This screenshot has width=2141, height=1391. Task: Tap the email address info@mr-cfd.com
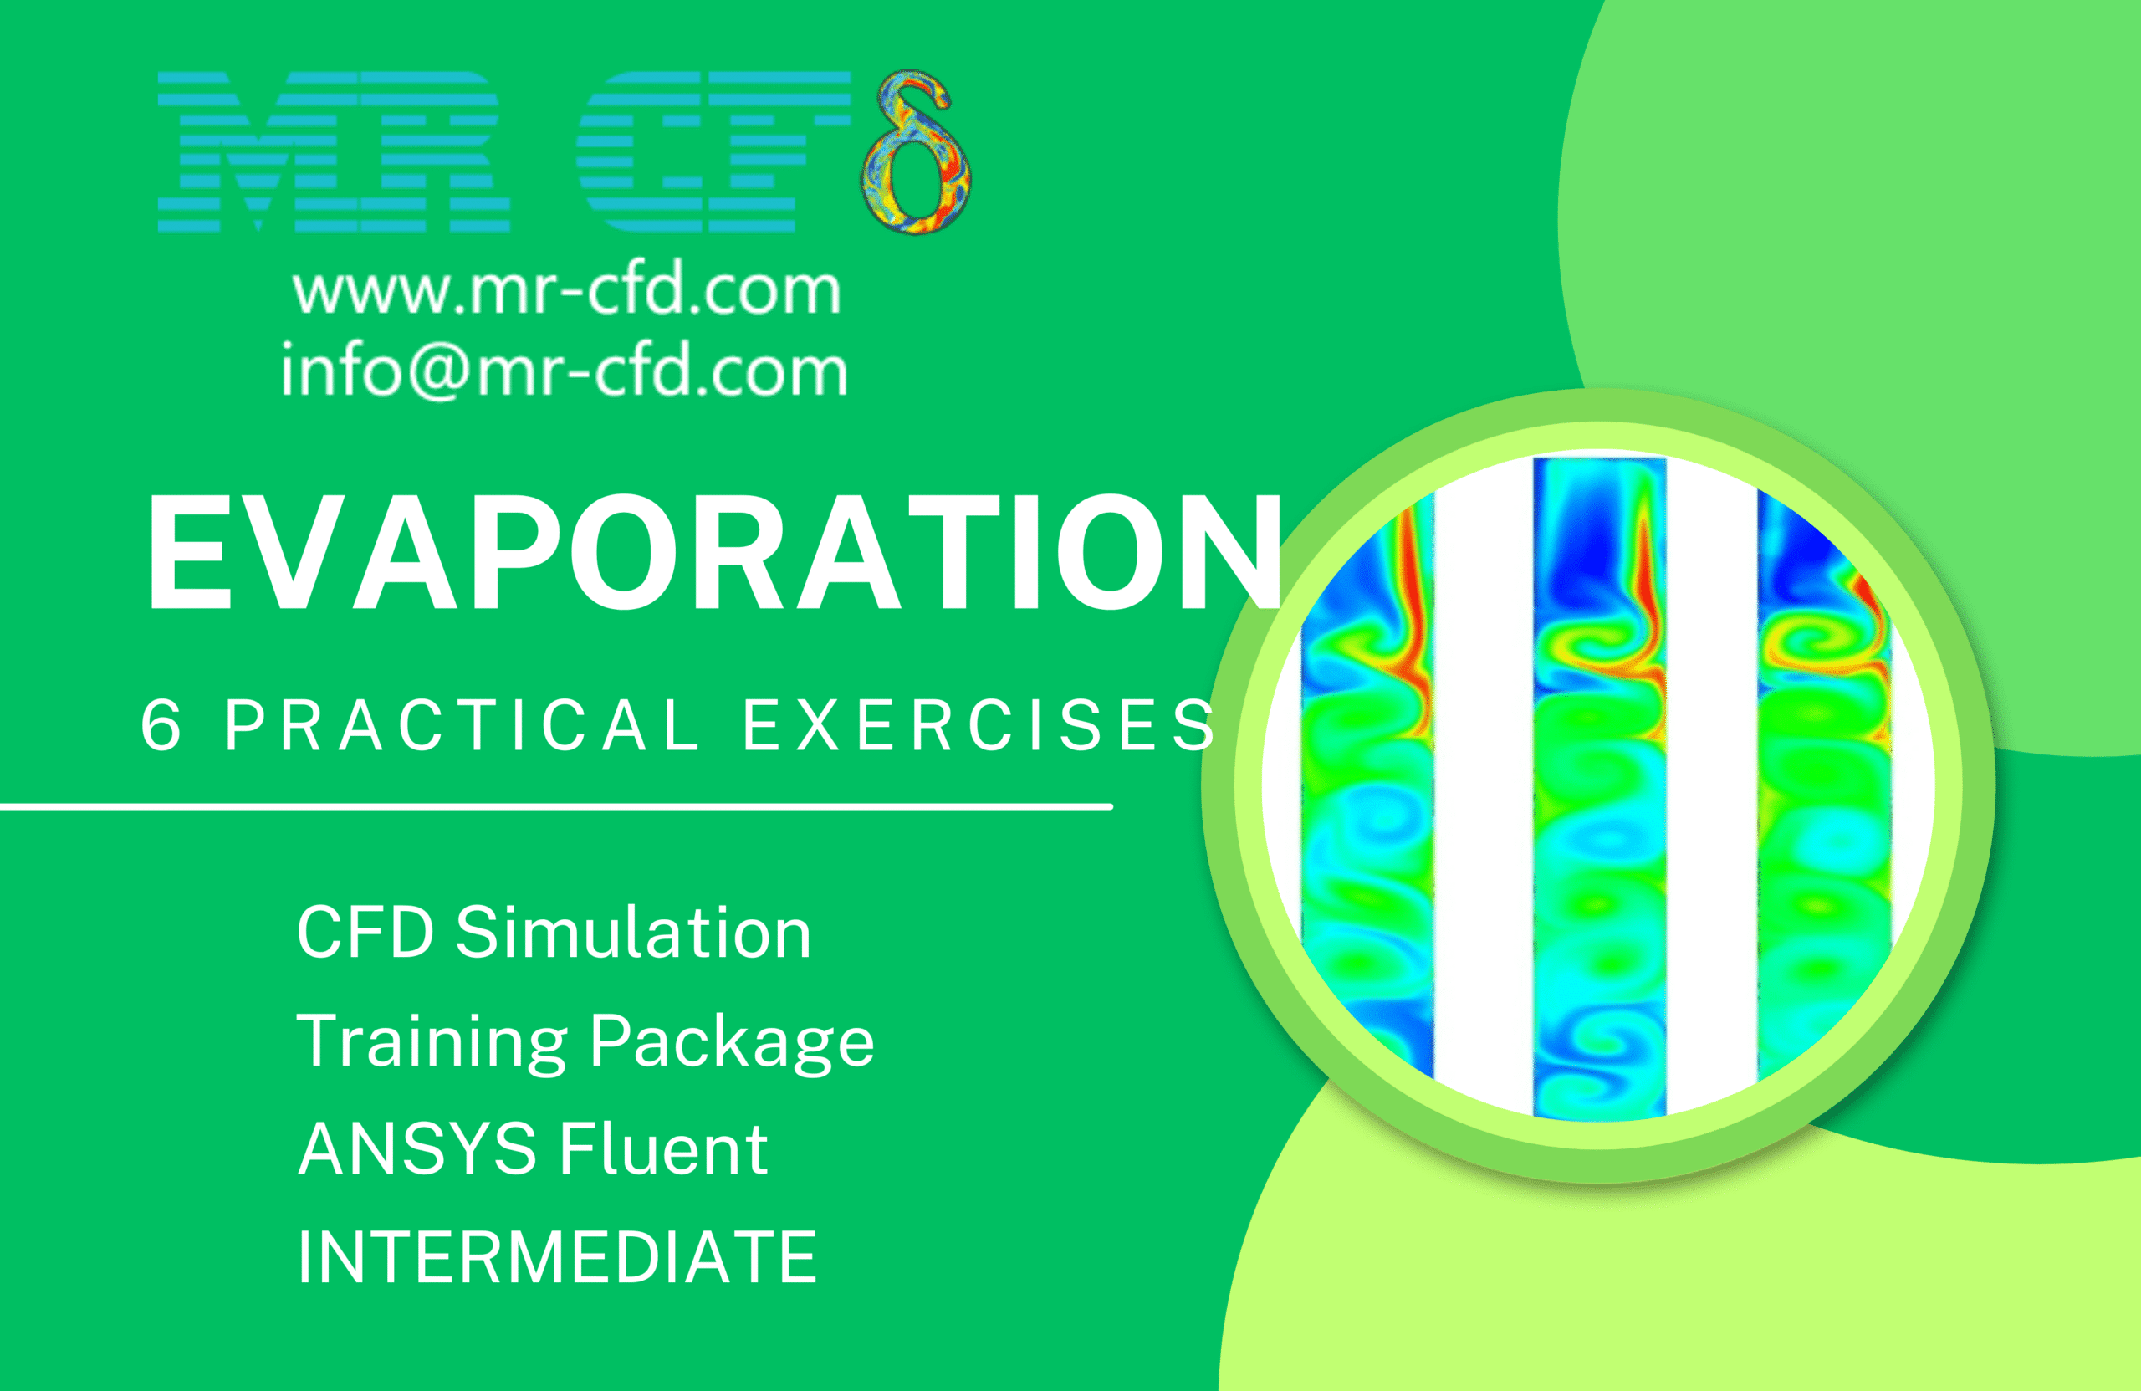[x=564, y=368]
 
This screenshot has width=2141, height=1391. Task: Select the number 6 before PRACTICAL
[x=161, y=724]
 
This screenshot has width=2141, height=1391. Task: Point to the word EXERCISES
[x=979, y=724]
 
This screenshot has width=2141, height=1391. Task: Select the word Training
[x=432, y=1041]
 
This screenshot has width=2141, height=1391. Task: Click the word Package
[x=733, y=1042]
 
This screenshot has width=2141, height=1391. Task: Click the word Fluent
[x=664, y=1149]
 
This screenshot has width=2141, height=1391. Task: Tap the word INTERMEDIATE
[x=557, y=1257]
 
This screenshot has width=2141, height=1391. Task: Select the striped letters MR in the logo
[x=334, y=152]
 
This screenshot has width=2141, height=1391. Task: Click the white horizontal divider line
[x=557, y=807]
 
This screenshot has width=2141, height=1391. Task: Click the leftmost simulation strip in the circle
[x=1367, y=788]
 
